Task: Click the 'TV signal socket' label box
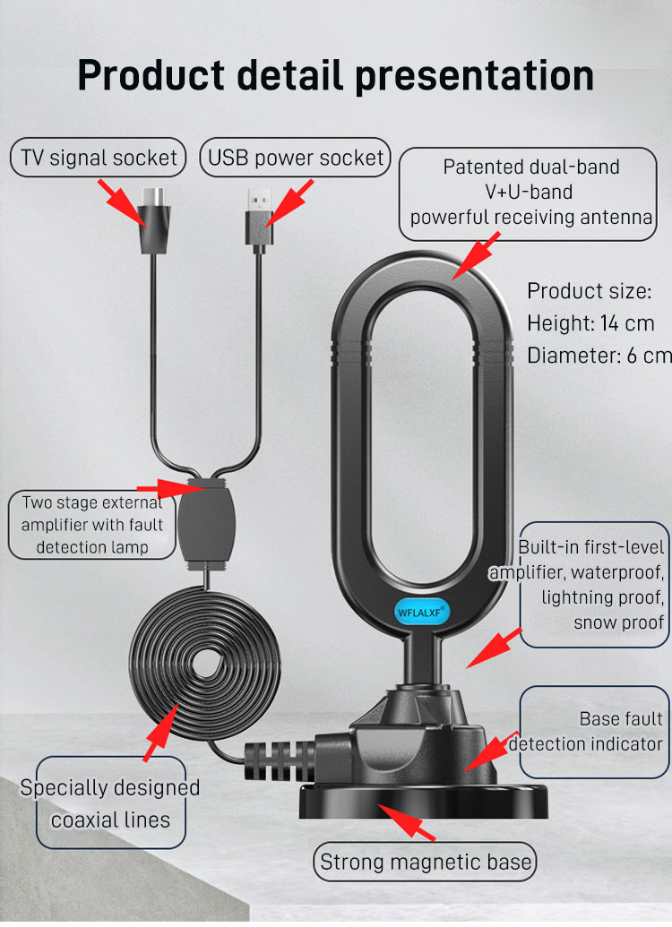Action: coord(99,159)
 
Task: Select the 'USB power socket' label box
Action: coord(296,159)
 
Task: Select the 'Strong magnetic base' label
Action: coord(426,863)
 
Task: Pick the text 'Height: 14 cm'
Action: coord(590,323)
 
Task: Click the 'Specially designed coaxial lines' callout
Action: coord(110,803)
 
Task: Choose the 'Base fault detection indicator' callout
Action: coord(594,731)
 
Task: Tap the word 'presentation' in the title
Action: coord(475,75)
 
